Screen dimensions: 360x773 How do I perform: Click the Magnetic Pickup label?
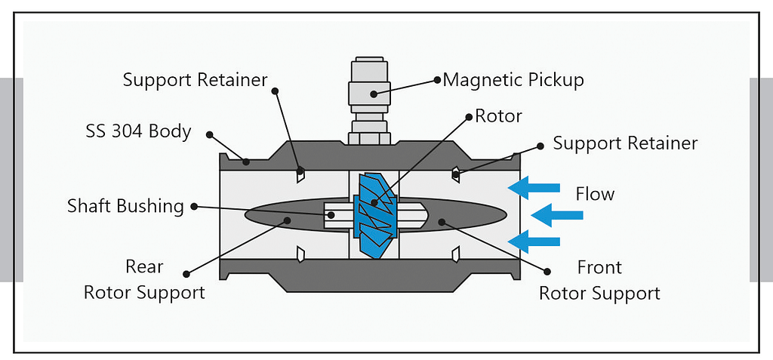tap(513, 80)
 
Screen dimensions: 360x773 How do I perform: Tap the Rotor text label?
tap(498, 117)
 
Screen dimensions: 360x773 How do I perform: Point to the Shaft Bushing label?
tap(125, 206)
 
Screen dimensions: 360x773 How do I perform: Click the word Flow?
tap(595, 194)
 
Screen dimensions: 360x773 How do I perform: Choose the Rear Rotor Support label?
tap(143, 280)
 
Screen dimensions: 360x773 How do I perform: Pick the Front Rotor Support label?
tap(599, 280)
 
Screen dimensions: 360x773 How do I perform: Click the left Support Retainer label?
tap(195, 80)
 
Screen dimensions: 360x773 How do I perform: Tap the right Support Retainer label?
tap(625, 143)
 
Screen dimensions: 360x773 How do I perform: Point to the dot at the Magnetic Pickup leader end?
tap(436, 78)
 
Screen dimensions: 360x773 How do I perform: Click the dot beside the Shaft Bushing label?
tap(194, 205)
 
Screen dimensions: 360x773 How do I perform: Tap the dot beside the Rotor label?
tap(468, 118)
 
